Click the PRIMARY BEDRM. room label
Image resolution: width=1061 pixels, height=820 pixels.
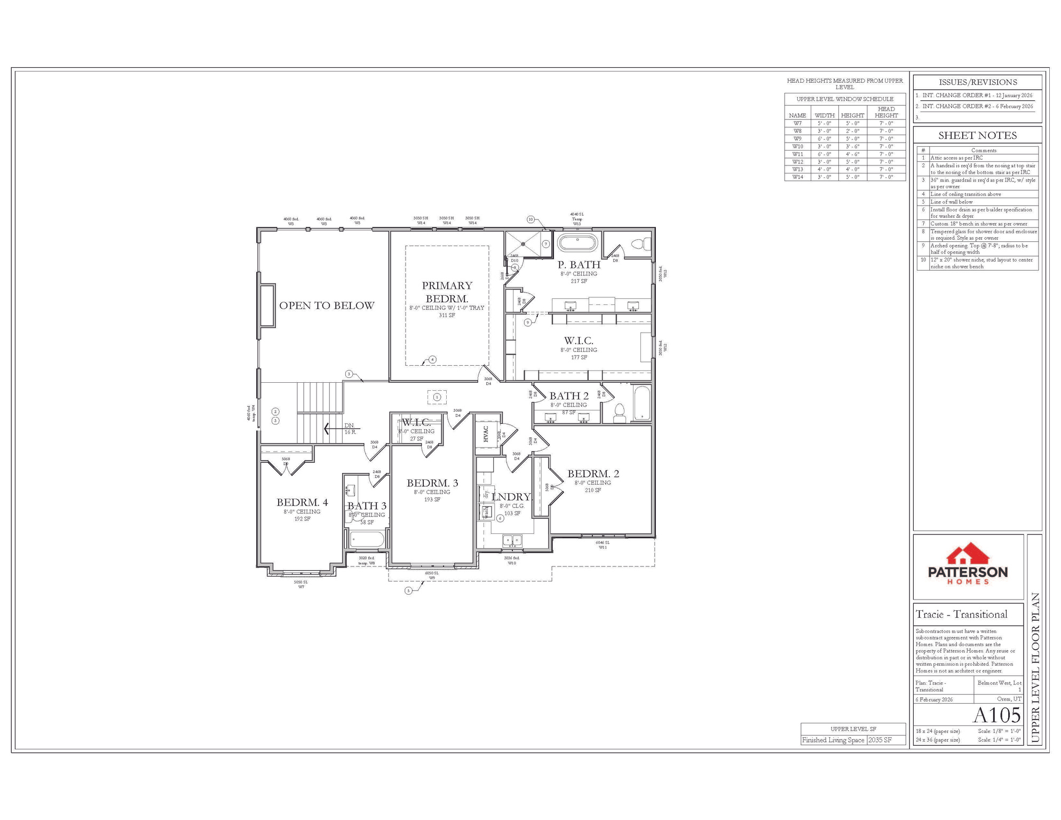coord(447,292)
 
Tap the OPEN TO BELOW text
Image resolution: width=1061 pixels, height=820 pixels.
coord(327,306)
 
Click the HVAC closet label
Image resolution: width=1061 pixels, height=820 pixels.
coord(486,433)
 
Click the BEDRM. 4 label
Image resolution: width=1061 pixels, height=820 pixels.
coord(302,502)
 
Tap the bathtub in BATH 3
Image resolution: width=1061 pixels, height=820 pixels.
coord(367,539)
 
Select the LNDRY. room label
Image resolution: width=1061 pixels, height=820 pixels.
coord(511,497)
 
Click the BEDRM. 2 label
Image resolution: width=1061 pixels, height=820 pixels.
coord(593,474)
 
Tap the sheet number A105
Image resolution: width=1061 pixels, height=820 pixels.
coord(996,715)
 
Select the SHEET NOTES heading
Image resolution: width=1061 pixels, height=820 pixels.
coord(977,136)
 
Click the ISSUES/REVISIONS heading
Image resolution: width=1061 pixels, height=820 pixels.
coord(977,82)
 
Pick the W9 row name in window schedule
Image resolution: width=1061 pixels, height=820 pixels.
coord(797,139)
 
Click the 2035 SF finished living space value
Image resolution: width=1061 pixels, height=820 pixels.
coord(880,740)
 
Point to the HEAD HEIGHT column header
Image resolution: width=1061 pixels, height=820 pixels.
coord(886,112)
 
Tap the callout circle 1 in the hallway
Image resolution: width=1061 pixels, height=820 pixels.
coord(437,397)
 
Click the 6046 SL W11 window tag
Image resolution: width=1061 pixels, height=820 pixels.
coord(603,545)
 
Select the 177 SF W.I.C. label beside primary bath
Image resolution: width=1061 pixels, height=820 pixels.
coord(579,349)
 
